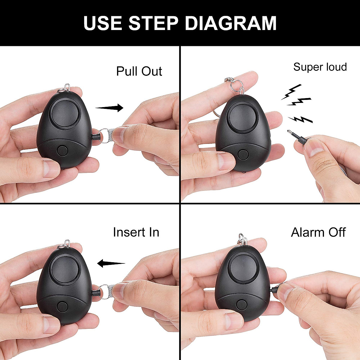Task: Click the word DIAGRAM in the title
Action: pyautogui.click(x=231, y=23)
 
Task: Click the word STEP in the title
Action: pyautogui.click(x=153, y=23)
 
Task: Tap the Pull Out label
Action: pyautogui.click(x=139, y=71)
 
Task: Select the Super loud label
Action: pyautogui.click(x=320, y=67)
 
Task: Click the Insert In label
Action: pyautogui.click(x=136, y=232)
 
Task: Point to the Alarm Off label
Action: pyautogui.click(x=318, y=232)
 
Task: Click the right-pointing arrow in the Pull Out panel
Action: pyautogui.click(x=110, y=107)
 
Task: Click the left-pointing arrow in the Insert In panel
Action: pyautogui.click(x=111, y=263)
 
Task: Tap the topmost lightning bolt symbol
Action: pyautogui.click(x=291, y=91)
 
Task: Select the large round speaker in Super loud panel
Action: pyautogui.click(x=243, y=117)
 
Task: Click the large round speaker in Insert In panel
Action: pyautogui.click(x=64, y=269)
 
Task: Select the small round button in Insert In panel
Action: pyautogui.click(x=62, y=307)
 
